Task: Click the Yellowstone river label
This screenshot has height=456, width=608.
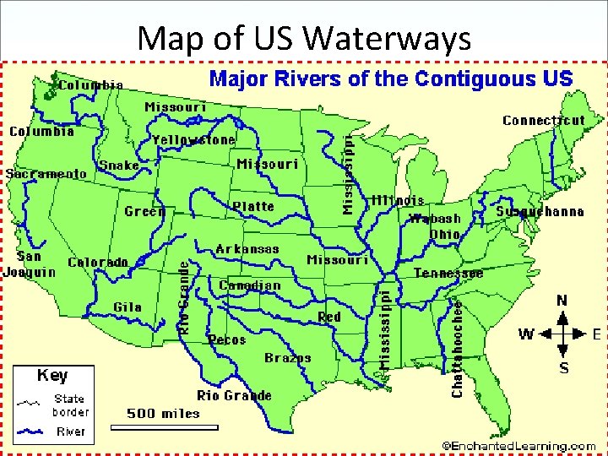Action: (x=193, y=139)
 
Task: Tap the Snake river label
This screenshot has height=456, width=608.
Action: (x=119, y=166)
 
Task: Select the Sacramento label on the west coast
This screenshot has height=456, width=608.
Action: (x=46, y=173)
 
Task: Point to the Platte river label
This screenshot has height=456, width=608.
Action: (x=253, y=206)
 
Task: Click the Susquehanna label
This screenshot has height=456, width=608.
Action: (x=540, y=211)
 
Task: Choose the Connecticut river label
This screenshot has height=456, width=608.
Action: (x=543, y=120)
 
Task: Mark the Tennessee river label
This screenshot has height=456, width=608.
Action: (x=448, y=274)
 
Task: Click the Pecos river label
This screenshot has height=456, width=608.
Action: (x=226, y=339)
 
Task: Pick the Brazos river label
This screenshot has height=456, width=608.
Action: (x=287, y=358)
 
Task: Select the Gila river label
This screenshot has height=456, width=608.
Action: (x=128, y=307)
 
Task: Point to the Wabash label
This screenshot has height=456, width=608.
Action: (x=435, y=220)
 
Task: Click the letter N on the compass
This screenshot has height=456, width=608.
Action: (x=562, y=301)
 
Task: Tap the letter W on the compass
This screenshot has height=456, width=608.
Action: (x=525, y=334)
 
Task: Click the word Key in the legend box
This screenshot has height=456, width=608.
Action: (x=52, y=375)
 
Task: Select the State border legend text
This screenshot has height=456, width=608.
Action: (x=70, y=405)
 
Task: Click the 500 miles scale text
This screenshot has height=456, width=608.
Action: (x=163, y=413)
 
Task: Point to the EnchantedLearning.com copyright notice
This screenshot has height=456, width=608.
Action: (x=518, y=445)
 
